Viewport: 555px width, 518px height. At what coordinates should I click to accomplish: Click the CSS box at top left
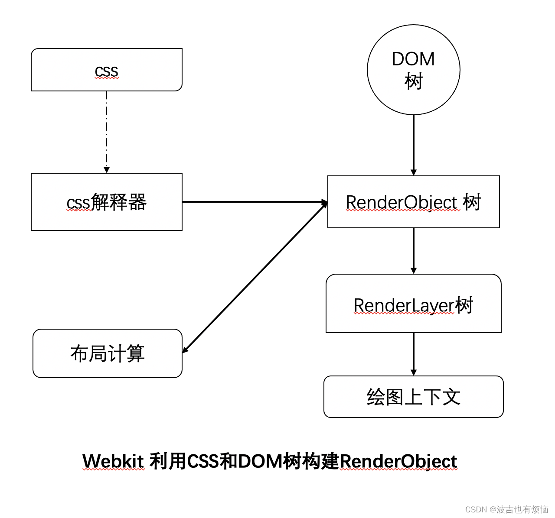106,70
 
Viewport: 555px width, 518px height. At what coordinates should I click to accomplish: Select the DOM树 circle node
413,70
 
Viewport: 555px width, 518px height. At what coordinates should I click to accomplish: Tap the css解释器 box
106,202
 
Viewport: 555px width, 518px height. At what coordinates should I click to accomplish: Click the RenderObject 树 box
413,202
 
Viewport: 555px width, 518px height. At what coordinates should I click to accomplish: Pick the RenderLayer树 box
413,304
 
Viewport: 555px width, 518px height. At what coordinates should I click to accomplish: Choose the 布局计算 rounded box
107,353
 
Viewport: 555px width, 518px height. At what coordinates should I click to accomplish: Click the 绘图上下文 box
413,397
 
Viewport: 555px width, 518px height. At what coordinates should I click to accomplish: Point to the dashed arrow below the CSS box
107,130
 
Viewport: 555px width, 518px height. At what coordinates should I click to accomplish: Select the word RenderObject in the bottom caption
398,461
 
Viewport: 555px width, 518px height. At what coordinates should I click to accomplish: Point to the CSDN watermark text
506,509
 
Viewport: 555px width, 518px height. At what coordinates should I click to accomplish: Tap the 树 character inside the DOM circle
413,81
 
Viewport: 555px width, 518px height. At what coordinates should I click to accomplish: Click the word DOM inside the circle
413,59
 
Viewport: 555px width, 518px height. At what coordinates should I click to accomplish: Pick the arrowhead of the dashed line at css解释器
107,170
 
